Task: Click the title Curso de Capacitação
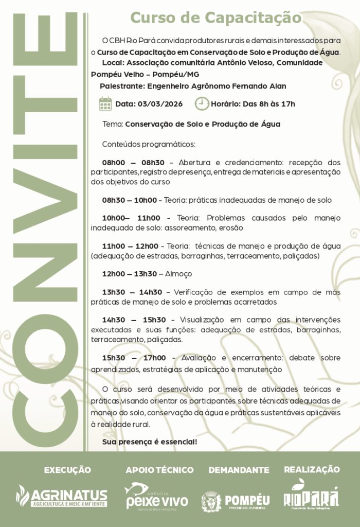pyautogui.click(x=215, y=18)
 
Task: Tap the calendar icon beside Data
pyautogui.click(x=105, y=104)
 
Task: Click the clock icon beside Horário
pyautogui.click(x=202, y=104)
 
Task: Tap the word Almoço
pyautogui.click(x=179, y=274)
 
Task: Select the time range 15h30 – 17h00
pyautogui.click(x=134, y=358)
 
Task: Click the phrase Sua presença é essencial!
pyautogui.click(x=150, y=442)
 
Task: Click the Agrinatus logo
pyautogui.click(x=62, y=496)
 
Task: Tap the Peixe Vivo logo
pyautogui.click(x=157, y=496)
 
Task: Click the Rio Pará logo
pyautogui.click(x=312, y=495)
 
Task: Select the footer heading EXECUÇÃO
pyautogui.click(x=67, y=470)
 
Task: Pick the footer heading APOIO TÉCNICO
pyautogui.click(x=159, y=470)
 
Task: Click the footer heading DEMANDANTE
pyautogui.click(x=239, y=470)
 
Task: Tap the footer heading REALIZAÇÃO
pyautogui.click(x=312, y=469)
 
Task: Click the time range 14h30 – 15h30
pyautogui.click(x=134, y=320)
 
